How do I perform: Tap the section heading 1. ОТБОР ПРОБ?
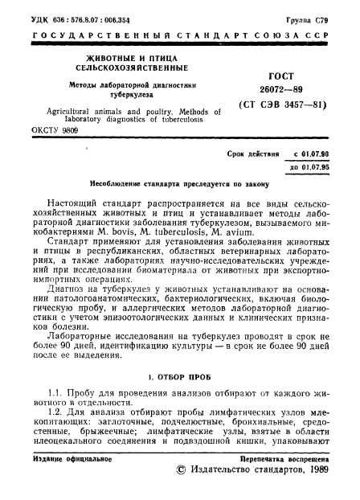[179, 376]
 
